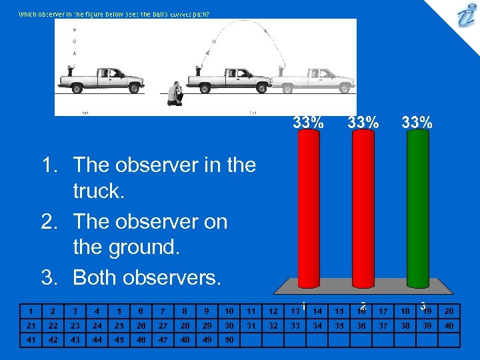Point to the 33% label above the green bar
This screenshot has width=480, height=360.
point(417,122)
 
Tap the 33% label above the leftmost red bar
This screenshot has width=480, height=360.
point(309,122)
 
